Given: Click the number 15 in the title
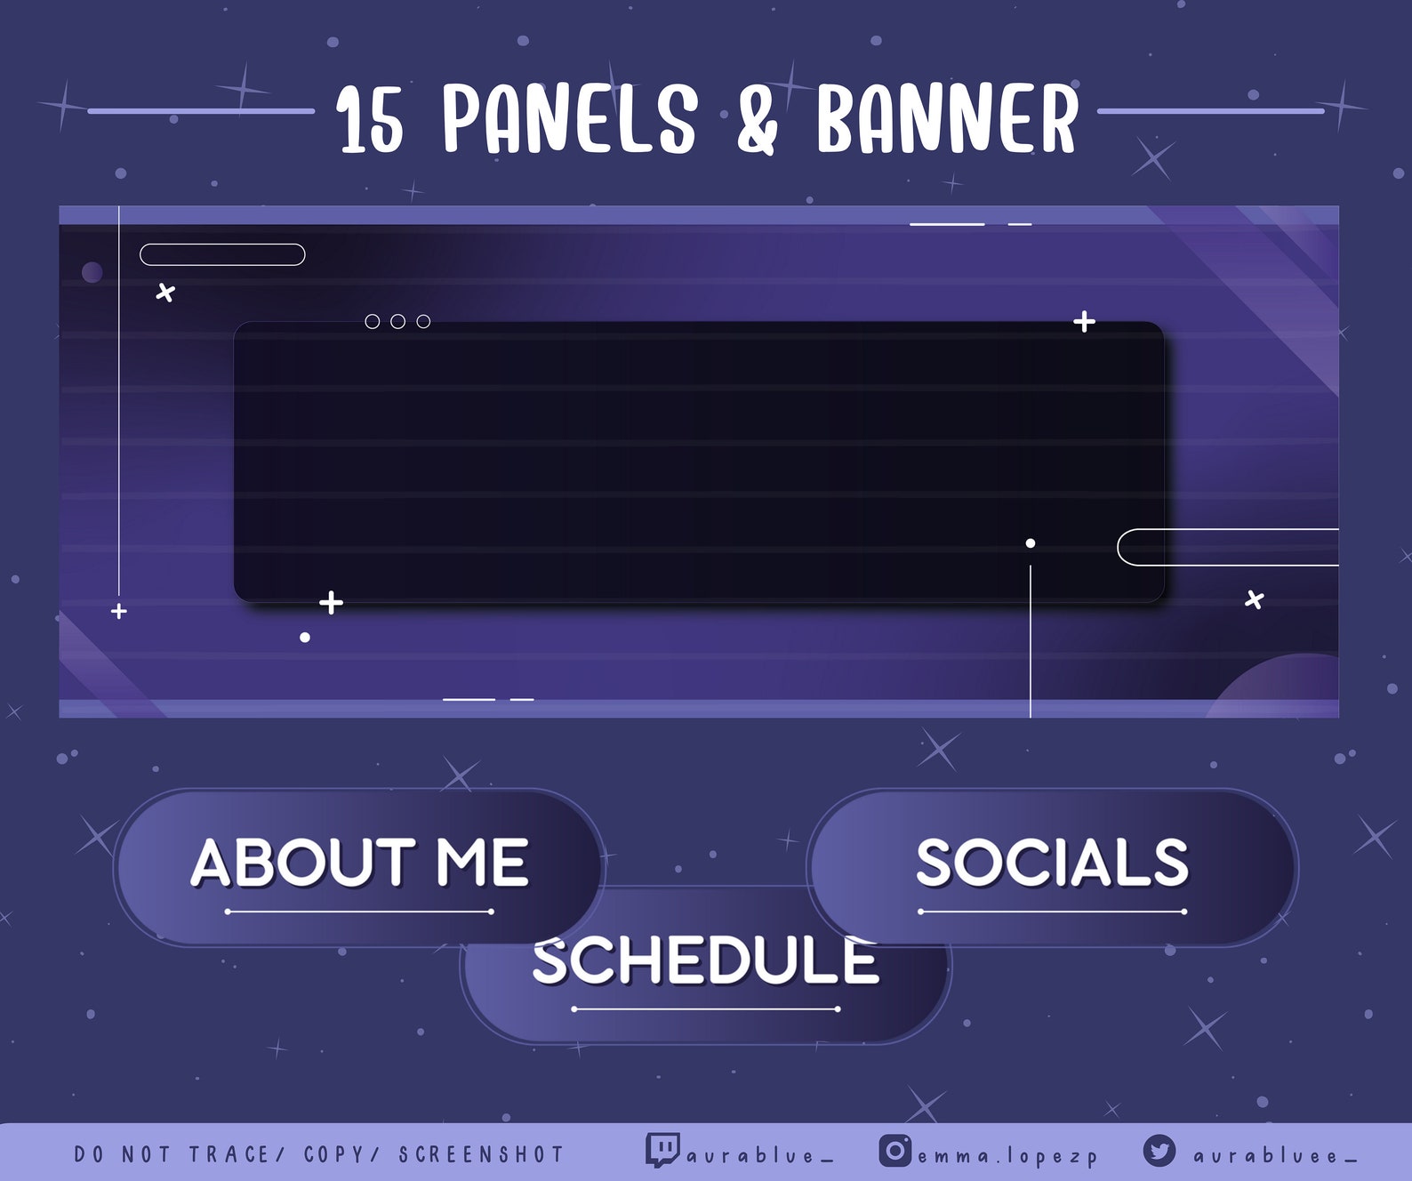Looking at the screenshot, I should (x=371, y=121).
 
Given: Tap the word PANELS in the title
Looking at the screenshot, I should (x=570, y=119).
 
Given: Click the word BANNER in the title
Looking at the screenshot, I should (x=947, y=119).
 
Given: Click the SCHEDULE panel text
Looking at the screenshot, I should (x=705, y=962).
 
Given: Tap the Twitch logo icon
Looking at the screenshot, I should (x=662, y=1150).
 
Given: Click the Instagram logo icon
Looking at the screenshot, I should (x=895, y=1151).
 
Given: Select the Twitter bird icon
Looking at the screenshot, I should (x=1159, y=1151).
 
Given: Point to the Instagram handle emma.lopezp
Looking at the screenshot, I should (x=1007, y=1157).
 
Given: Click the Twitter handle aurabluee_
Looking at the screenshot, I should (x=1275, y=1156).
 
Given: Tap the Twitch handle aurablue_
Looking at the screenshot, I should (x=760, y=1156).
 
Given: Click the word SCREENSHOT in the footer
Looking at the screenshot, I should (x=481, y=1154).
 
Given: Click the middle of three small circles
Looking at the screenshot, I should (x=397, y=321).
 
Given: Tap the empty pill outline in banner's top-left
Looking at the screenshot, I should (x=222, y=254).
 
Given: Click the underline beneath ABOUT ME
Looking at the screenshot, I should (x=359, y=912).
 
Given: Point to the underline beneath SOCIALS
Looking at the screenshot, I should (x=1052, y=912).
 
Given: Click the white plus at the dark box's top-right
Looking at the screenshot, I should (x=1084, y=321).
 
